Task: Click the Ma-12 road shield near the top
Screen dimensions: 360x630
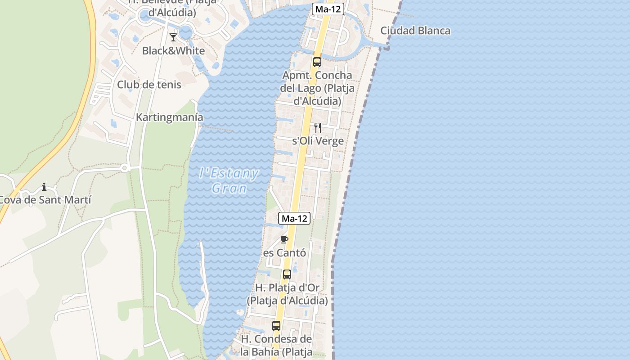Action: [328, 9]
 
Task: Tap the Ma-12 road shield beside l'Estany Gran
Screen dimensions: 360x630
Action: [294, 218]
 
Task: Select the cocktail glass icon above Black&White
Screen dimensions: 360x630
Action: [173, 37]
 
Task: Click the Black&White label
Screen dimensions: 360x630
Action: [173, 50]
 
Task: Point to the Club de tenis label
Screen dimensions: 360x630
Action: [149, 85]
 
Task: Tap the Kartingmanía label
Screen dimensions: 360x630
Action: [170, 117]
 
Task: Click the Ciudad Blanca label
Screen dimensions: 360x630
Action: [415, 31]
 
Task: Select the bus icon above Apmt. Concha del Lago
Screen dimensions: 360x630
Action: [317, 62]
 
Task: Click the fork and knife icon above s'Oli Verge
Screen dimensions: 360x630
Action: [318, 128]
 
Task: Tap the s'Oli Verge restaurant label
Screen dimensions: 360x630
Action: [318, 141]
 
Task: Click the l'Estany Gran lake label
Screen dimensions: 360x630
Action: [229, 180]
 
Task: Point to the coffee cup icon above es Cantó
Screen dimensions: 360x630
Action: [284, 239]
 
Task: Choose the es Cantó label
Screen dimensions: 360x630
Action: [284, 253]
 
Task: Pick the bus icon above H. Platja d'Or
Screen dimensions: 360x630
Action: [287, 274]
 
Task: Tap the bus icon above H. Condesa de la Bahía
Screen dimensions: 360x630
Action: [276, 326]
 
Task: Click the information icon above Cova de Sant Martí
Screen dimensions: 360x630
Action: [44, 187]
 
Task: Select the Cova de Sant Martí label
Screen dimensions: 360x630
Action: [45, 200]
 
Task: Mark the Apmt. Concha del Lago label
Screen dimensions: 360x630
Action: [317, 88]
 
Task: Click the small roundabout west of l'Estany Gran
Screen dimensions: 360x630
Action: [125, 168]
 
